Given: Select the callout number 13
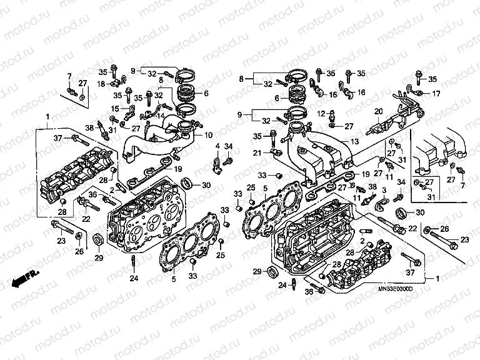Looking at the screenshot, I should coord(354,142).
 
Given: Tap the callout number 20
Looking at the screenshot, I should coord(378,112).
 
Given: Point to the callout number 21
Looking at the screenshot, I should coord(257,153).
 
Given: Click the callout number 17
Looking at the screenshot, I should coord(436,93).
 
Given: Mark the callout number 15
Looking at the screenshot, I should coord(115,108).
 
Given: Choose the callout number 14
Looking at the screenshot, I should coord(160,115).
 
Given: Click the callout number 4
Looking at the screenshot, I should coord(217,146).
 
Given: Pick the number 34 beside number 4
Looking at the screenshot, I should coord(229,146).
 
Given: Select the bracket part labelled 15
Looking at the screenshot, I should coord(130,111).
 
